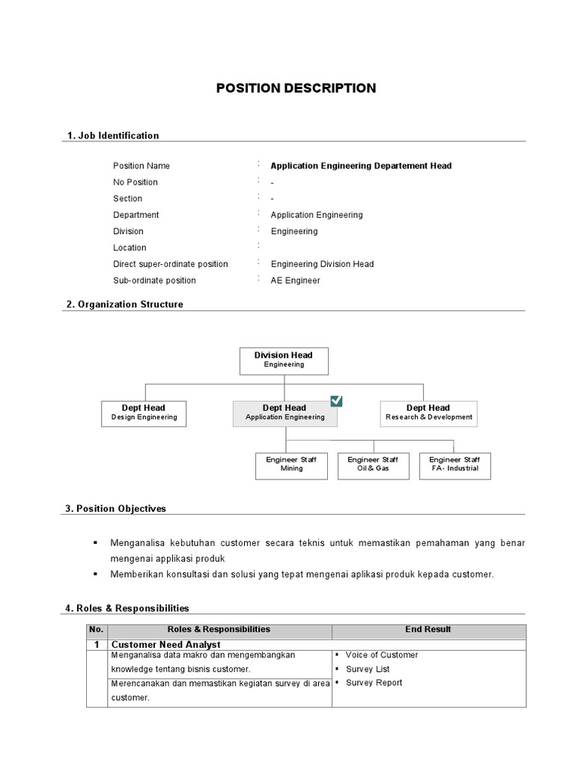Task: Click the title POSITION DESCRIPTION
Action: (296, 88)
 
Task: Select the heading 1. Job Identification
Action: (112, 135)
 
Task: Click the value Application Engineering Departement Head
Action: (361, 166)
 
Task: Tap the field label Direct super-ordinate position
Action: (170, 264)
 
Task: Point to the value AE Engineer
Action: (295, 281)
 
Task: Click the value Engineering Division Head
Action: (322, 264)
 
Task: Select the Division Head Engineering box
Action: (284, 360)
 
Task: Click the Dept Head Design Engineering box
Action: (144, 413)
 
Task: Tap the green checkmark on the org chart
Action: (336, 401)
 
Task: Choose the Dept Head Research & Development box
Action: (428, 413)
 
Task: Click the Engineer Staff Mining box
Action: (291, 465)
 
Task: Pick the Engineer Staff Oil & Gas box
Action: (373, 465)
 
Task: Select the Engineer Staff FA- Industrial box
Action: (454, 465)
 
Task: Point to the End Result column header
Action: (428, 630)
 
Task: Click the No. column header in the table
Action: (97, 630)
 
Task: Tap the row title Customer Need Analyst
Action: (165, 644)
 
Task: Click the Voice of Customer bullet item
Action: (382, 655)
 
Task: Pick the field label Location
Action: (130, 248)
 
